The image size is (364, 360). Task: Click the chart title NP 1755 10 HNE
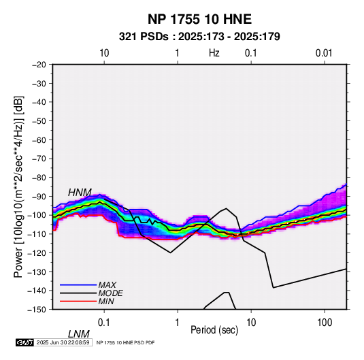tap(199, 19)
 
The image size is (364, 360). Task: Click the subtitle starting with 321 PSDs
tap(199, 37)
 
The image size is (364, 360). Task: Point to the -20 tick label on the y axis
tap(39, 65)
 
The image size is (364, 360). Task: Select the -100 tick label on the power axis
tap(37, 215)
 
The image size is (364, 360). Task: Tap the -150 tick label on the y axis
tap(37, 310)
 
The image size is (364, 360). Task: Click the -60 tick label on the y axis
tap(39, 140)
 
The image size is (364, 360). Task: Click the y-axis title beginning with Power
tap(18, 186)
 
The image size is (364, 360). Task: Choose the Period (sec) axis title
tap(214, 330)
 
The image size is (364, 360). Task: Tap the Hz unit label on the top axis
tap(214, 53)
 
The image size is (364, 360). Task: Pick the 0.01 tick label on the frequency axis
tap(324, 53)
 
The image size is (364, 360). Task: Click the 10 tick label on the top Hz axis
tap(104, 53)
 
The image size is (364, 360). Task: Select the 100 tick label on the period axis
tap(325, 323)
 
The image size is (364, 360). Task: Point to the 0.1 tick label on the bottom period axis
tap(104, 323)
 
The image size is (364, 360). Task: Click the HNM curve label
tap(80, 193)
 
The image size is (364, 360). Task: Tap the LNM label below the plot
tap(78, 334)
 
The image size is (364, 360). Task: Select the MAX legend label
tap(107, 284)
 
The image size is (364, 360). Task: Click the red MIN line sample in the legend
tap(78, 301)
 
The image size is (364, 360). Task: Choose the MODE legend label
tap(110, 293)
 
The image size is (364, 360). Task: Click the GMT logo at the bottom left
tap(25, 342)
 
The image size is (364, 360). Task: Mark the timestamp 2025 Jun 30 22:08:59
tap(63, 342)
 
